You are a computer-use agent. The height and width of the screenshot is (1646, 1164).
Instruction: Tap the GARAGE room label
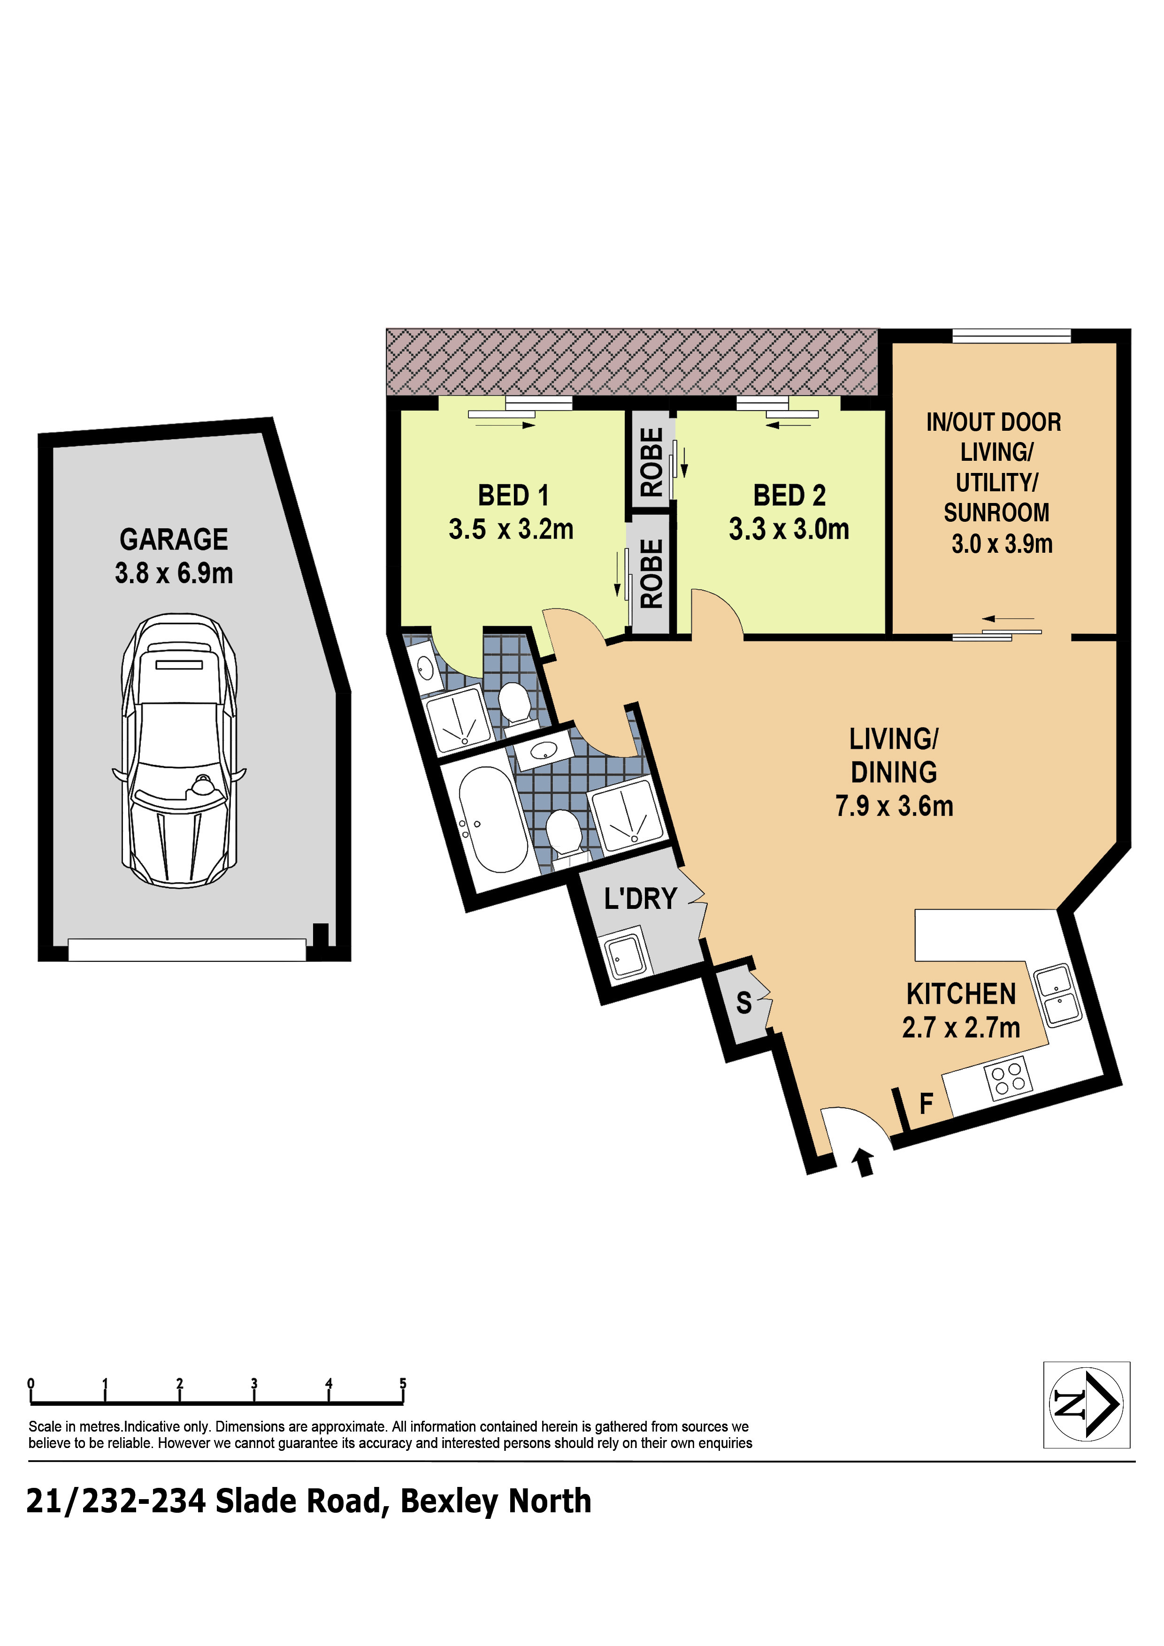pos(174,539)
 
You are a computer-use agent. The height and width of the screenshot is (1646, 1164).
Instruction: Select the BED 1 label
pos(513,495)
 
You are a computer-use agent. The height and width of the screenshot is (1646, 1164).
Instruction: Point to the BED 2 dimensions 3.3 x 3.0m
pos(789,529)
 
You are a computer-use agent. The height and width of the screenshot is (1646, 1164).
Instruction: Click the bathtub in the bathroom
pos(493,819)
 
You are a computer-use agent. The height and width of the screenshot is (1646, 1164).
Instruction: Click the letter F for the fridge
pos(927,1103)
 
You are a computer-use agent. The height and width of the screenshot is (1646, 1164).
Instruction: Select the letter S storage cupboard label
pos(744,1003)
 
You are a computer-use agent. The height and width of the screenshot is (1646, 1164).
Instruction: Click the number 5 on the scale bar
pos(403,1383)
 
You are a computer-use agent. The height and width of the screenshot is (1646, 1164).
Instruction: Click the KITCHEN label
pos(961,994)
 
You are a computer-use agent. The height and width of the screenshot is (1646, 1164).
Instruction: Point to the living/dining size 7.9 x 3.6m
pos(894,806)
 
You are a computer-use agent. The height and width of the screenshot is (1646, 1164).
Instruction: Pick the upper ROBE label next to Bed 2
pos(651,462)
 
